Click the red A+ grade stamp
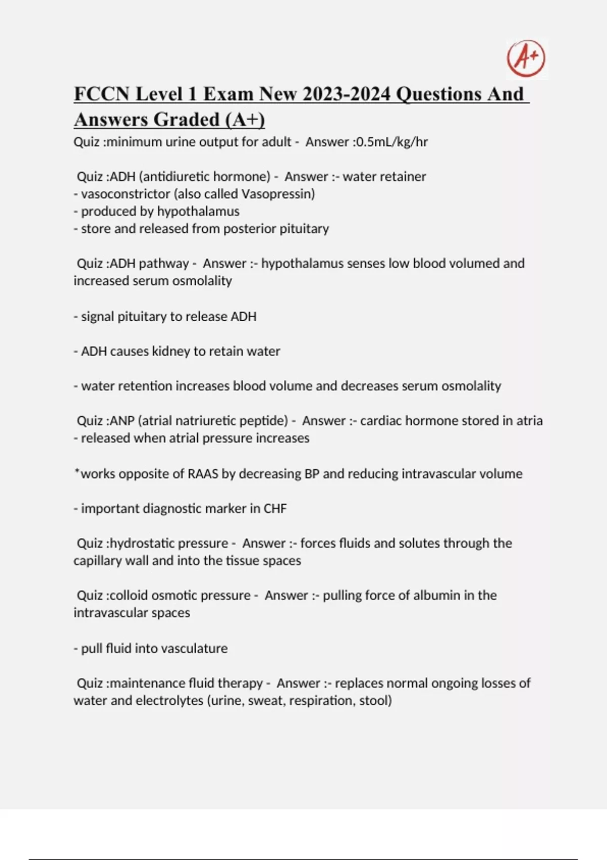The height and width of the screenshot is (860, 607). coord(526,58)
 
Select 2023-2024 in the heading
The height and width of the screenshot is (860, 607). coord(348,94)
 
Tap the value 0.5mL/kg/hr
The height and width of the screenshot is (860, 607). coord(392,142)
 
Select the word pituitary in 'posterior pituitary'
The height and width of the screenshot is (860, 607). coord(305,229)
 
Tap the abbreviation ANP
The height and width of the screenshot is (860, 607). coord(121,421)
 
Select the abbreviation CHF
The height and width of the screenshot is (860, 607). coord(275,509)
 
